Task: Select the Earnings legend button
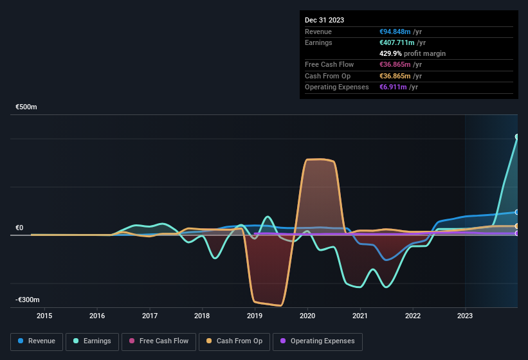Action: point(93,341)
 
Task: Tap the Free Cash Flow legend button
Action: point(159,341)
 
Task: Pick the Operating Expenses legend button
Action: point(318,341)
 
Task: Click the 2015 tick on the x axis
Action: point(44,316)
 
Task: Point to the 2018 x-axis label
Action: point(202,316)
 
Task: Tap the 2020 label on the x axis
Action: point(307,316)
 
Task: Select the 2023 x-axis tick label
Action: point(465,316)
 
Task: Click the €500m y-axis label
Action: point(26,107)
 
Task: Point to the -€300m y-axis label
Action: point(28,300)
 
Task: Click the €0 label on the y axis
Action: point(19,228)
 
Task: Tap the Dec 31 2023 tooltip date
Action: point(324,20)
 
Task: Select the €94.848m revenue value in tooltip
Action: point(401,32)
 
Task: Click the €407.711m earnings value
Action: point(403,42)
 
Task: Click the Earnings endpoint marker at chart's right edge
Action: point(516,137)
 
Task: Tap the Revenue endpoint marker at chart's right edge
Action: point(516,212)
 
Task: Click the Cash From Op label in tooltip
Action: point(327,76)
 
